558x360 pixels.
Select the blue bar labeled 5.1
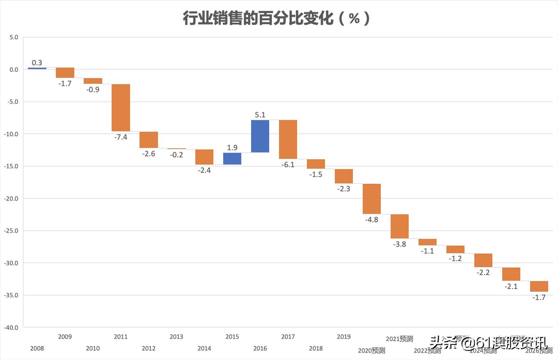click(260, 136)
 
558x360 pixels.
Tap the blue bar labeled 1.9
click(232, 158)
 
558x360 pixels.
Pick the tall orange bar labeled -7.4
click(121, 108)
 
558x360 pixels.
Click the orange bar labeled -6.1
click(288, 140)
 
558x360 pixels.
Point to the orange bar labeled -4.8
click(372, 199)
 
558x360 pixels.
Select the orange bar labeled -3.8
click(400, 226)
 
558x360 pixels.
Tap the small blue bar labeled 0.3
click(37, 68)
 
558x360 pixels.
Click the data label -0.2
click(176, 155)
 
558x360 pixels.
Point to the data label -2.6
click(149, 154)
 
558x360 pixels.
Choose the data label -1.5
click(316, 174)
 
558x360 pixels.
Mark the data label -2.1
click(511, 287)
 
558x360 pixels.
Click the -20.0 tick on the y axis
click(11, 198)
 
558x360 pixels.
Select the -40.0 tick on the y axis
click(11, 327)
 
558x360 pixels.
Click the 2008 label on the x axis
click(37, 349)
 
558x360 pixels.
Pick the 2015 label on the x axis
click(232, 337)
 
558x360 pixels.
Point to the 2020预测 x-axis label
click(372, 351)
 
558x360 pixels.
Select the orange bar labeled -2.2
click(483, 260)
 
